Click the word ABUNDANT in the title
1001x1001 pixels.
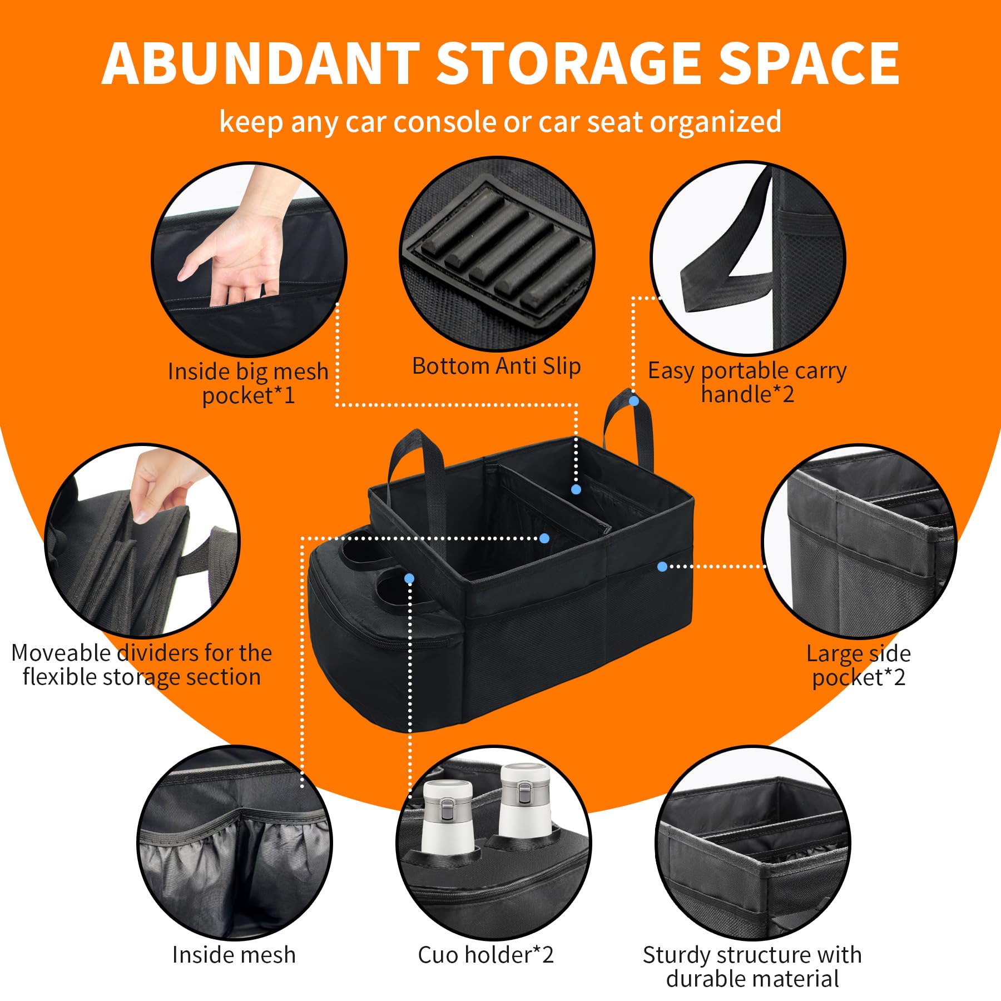(261, 63)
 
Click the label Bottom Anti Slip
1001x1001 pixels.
(496, 366)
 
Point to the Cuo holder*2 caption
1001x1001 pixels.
(485, 955)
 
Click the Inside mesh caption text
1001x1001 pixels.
(234, 955)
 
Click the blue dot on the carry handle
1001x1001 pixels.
(633, 400)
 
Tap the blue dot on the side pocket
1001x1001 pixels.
(662, 567)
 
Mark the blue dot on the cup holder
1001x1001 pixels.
(409, 578)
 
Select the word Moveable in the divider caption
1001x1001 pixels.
(61, 652)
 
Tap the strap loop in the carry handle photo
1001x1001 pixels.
(723, 250)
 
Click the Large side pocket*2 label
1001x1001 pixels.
(859, 665)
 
